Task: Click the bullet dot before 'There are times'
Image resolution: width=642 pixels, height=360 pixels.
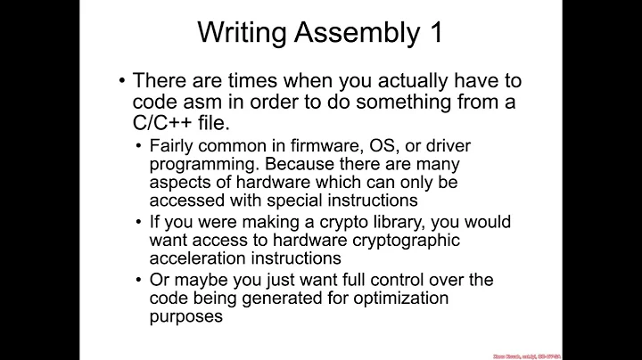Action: (122, 79)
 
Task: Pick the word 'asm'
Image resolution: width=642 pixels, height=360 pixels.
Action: (206, 102)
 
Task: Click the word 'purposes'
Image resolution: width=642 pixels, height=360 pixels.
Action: (185, 315)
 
